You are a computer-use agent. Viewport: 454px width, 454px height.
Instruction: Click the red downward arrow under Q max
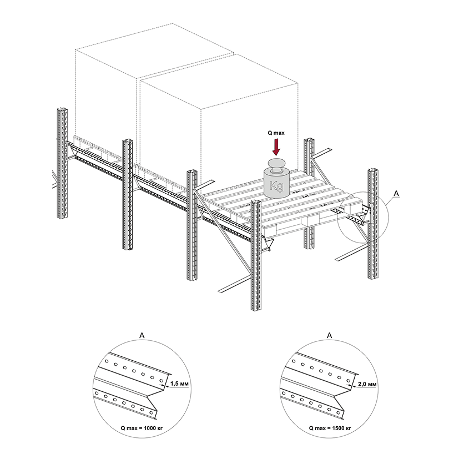pos(276,147)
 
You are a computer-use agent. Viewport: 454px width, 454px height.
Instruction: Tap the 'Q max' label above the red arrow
pos(276,133)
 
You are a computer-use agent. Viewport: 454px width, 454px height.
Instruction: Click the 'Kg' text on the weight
pos(276,186)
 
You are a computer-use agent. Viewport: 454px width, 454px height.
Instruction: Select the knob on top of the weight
pos(276,164)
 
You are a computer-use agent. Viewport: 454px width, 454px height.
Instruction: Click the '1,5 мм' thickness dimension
pos(179,384)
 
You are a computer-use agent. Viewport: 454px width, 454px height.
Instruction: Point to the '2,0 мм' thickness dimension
pos(367,384)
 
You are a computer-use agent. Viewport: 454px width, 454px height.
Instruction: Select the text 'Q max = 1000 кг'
pos(142,428)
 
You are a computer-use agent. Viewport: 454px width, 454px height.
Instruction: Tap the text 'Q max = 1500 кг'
pos(330,428)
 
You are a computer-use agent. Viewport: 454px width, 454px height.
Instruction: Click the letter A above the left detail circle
pos(142,335)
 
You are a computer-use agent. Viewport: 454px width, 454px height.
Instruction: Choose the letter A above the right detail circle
pos(329,335)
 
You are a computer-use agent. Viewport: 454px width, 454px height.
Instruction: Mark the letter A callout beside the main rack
pos(396,193)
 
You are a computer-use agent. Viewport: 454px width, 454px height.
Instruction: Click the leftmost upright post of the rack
pos(63,163)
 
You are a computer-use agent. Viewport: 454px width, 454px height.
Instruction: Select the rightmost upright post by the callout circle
pos(374,224)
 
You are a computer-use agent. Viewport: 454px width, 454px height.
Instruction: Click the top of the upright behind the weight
pos(310,142)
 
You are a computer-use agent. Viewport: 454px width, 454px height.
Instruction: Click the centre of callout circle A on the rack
pos(363,217)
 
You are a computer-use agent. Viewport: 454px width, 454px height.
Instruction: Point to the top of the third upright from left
pos(192,173)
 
